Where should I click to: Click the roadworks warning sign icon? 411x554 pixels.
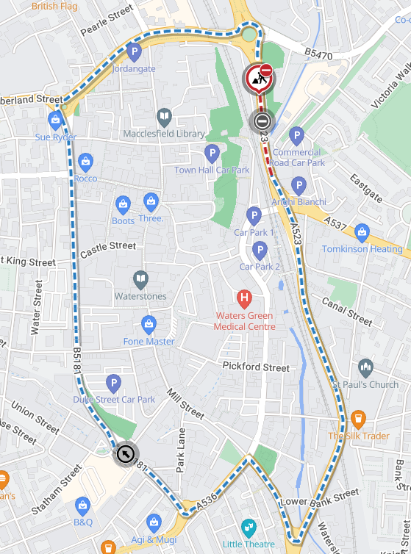pos(258,78)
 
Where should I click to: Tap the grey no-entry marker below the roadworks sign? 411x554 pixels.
pos(261,120)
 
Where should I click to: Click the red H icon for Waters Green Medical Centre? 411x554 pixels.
pos(245,298)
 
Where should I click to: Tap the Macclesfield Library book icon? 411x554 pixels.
pos(164,117)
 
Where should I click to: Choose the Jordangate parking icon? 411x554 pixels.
pos(134,52)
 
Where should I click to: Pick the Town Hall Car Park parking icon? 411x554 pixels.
pos(212,153)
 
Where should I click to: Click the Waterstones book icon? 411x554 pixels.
pos(140,279)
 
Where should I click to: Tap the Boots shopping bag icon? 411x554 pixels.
pos(123,204)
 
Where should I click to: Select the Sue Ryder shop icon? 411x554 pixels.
pos(55,120)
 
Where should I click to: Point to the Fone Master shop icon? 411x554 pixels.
pos(149,324)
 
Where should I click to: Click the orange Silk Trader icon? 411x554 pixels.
pos(358,419)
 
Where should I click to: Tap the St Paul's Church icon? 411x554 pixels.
pos(365,367)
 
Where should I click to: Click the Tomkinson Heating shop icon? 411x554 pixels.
pos(361,232)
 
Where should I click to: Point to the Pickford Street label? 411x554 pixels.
pos(256,367)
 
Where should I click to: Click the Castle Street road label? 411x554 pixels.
pos(108,249)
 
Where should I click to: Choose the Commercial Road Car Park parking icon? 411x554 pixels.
pos(296,135)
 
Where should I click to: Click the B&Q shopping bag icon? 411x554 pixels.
pos(82,506)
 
